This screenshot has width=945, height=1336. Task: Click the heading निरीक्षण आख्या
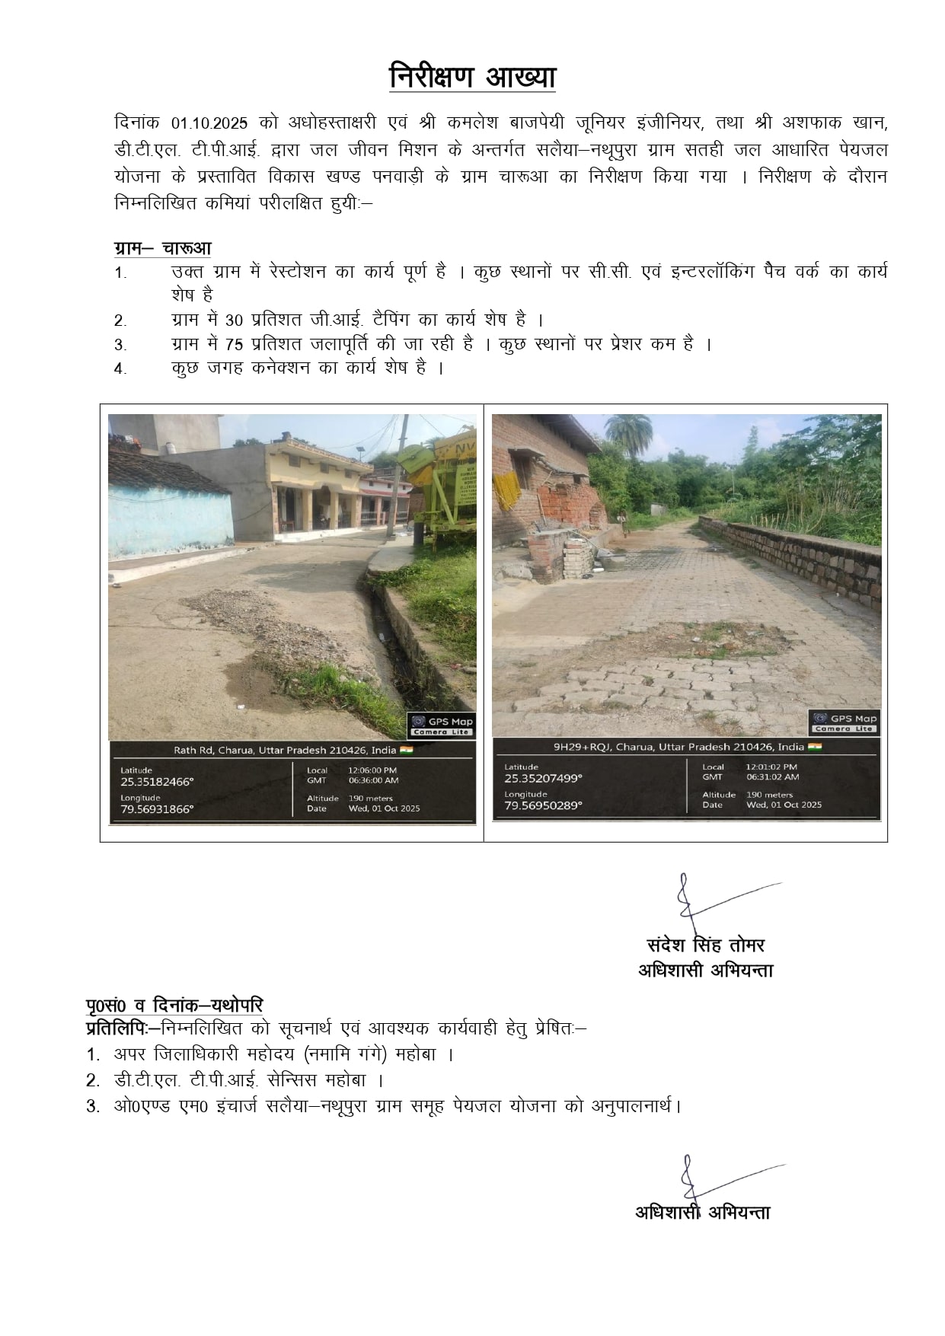click(x=472, y=78)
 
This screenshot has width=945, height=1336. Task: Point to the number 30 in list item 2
click(x=235, y=320)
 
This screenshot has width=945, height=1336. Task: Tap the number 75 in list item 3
click(x=235, y=345)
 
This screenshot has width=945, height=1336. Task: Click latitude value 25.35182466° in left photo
click(x=157, y=782)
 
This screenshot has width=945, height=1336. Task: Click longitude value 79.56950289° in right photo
click(x=542, y=805)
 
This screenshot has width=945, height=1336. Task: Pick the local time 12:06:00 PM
click(x=372, y=770)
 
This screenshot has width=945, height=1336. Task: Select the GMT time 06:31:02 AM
click(x=771, y=777)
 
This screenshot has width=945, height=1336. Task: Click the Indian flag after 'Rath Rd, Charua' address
click(x=406, y=750)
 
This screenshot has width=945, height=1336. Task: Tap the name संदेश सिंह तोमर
click(x=705, y=945)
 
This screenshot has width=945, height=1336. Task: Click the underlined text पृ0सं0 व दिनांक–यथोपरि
click(x=174, y=1006)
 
